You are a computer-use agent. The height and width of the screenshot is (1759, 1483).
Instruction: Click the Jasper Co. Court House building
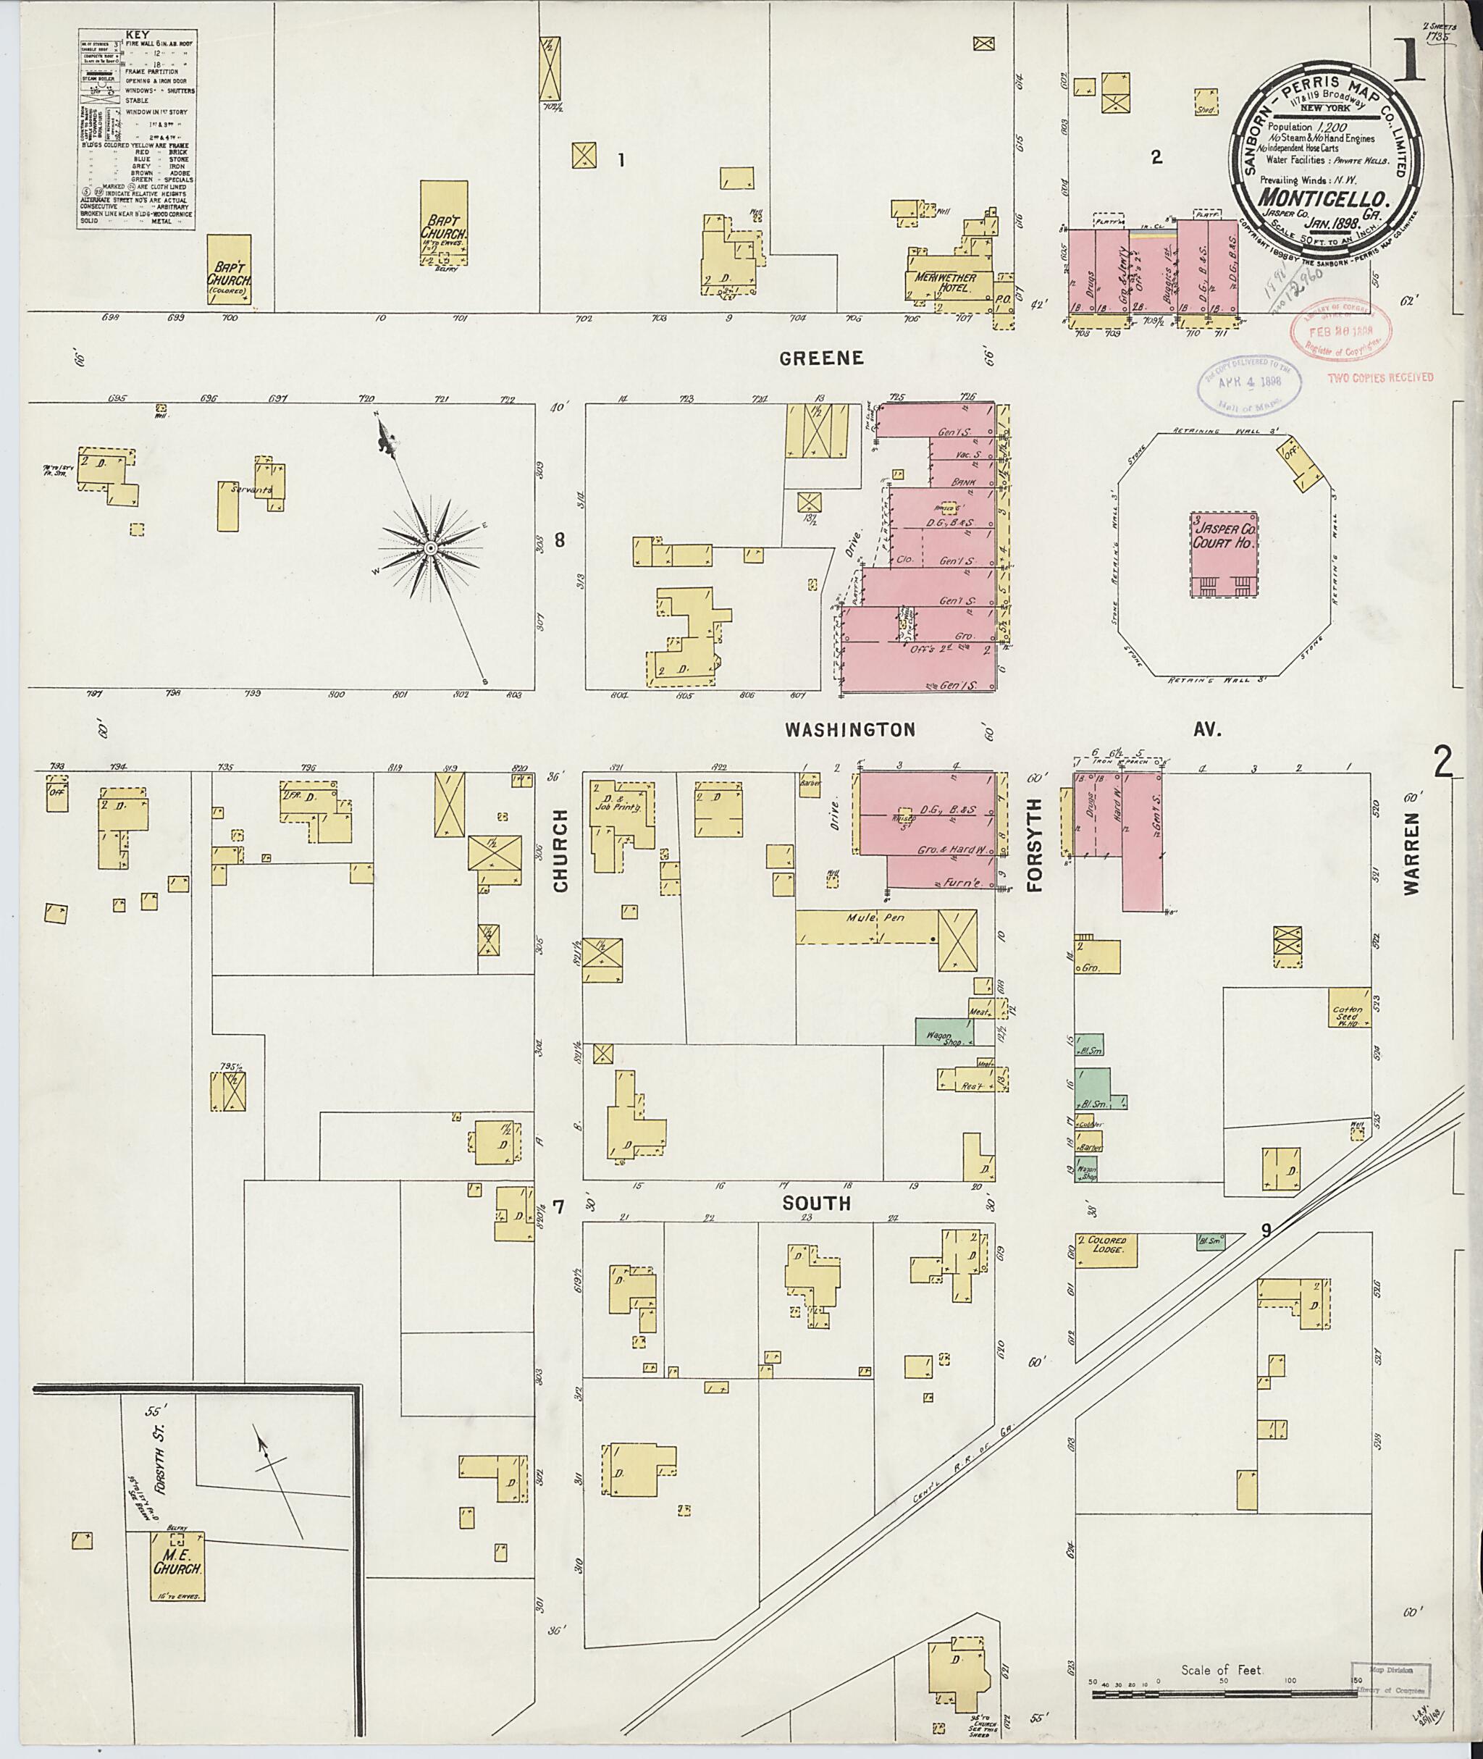[1223, 554]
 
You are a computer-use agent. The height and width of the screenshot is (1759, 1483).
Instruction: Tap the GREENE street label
[820, 358]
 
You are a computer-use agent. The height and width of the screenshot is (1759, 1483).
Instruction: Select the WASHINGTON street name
[850, 730]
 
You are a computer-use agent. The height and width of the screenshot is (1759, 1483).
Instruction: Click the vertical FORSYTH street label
[1034, 845]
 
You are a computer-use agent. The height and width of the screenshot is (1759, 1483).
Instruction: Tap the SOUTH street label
[816, 1204]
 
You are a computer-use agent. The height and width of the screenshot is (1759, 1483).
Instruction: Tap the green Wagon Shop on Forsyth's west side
[944, 1032]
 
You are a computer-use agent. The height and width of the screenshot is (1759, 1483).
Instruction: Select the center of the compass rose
[429, 548]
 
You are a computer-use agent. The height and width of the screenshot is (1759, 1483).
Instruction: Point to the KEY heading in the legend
[135, 35]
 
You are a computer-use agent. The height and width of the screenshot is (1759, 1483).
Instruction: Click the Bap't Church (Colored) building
[229, 271]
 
